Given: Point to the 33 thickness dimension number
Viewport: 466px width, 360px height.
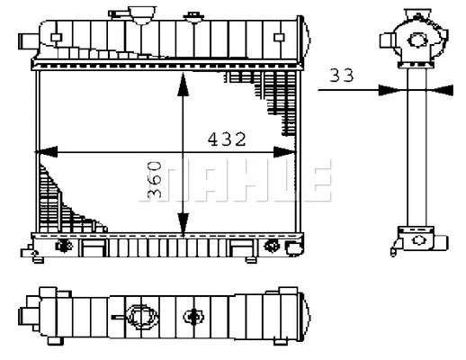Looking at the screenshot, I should point(341,76).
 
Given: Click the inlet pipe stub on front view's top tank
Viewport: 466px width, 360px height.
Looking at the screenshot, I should point(27,40).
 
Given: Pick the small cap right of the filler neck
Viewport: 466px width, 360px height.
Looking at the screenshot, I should point(193,16).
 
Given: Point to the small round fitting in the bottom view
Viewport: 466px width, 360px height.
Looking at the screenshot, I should point(193,316).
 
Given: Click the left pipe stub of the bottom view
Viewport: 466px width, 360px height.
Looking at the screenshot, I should point(30,316).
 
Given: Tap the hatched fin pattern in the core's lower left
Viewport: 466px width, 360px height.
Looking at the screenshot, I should point(58,198).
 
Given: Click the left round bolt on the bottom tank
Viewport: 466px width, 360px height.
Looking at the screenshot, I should point(65,246).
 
